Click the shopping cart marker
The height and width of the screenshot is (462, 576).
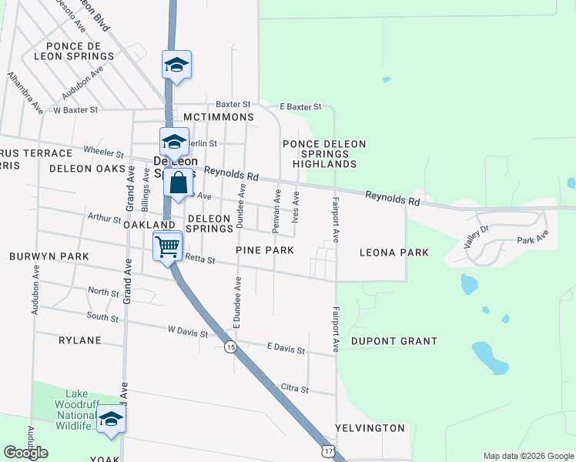pyautogui.click(x=167, y=246)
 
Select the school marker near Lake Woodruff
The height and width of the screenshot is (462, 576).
pyautogui.click(x=111, y=420)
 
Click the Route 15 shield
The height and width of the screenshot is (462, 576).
pyautogui.click(x=230, y=347)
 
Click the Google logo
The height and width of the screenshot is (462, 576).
pyautogui.click(x=25, y=453)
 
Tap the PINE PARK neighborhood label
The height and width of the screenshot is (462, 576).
pyautogui.click(x=265, y=251)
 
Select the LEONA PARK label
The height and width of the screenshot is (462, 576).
pyautogui.click(x=394, y=253)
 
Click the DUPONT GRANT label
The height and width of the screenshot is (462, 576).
pyautogui.click(x=394, y=341)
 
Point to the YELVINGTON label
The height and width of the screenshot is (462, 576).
pyautogui.click(x=370, y=428)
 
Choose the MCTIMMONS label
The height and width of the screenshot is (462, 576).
pyautogui.click(x=218, y=117)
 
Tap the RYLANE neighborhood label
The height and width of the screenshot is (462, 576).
pyautogui.click(x=80, y=340)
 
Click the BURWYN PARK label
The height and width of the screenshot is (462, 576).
pyautogui.click(x=49, y=256)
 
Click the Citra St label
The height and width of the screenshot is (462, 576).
pyautogui.click(x=294, y=387)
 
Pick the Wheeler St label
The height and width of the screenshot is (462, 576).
pyautogui.click(x=103, y=153)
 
